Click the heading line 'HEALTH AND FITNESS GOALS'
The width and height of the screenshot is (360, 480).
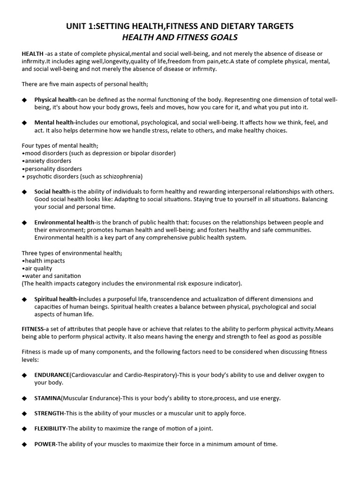(x=180, y=37)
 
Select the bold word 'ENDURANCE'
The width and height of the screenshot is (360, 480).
(x=52, y=375)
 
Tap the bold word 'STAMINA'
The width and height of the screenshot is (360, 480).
(x=47, y=398)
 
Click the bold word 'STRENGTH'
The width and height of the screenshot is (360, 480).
(x=49, y=413)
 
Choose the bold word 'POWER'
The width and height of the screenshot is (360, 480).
(x=45, y=444)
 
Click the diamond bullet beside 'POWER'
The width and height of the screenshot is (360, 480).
(x=24, y=444)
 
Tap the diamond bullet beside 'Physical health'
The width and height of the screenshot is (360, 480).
(x=24, y=100)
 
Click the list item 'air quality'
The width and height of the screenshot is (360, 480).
(x=38, y=268)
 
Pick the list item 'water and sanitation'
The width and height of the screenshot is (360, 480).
(x=52, y=276)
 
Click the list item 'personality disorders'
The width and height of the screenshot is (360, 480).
(x=53, y=169)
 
